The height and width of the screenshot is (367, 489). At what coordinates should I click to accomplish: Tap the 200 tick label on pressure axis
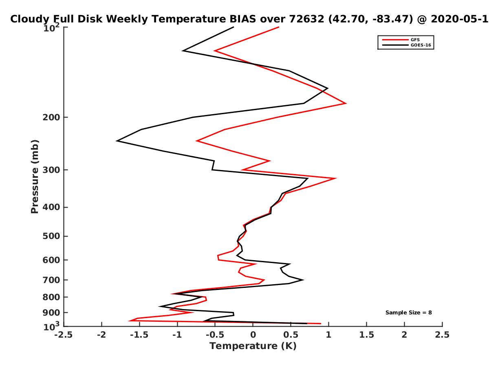pos(51,117)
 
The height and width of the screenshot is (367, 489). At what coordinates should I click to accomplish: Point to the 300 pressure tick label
pos(51,170)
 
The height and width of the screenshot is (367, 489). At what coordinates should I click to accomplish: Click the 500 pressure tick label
pos(51,236)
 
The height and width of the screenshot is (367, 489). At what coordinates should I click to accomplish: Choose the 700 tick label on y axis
pos(51,280)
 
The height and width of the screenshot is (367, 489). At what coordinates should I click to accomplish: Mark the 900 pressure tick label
pos(51,313)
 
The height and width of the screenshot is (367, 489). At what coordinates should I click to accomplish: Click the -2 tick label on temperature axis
pos(101,335)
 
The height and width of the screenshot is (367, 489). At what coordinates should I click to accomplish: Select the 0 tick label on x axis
pos(253,335)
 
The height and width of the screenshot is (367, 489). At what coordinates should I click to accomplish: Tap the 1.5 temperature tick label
pos(366,335)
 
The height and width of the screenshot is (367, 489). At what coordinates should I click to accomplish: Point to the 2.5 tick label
pos(442,335)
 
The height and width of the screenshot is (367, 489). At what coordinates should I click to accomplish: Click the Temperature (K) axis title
pos(253,346)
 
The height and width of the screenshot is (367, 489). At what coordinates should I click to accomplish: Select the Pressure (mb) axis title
pos(35,177)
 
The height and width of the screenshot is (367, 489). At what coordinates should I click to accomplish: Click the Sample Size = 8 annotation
pos(408,312)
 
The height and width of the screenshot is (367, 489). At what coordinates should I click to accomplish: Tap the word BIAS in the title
pos(242,19)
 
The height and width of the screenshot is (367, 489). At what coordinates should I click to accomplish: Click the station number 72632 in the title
pos(306,19)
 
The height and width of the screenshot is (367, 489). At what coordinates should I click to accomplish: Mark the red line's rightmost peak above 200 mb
pos(346,103)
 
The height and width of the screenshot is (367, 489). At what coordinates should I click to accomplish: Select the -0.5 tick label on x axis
pos(215,335)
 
